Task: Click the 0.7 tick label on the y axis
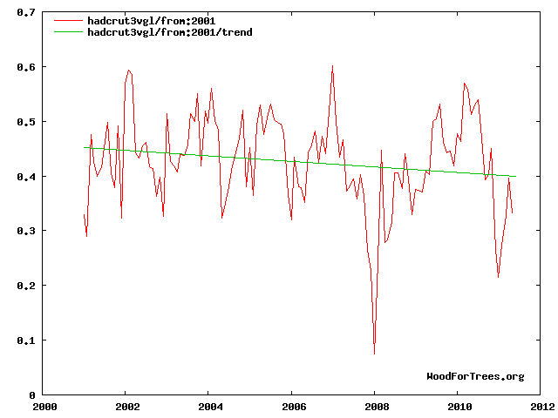tap(26, 13)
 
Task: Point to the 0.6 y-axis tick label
tap(26, 67)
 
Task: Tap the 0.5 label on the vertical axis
tap(26, 122)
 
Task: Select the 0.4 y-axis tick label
tap(26, 177)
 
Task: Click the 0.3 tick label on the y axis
tap(26, 231)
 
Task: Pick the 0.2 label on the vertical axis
tap(26, 286)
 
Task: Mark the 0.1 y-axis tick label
tap(26, 340)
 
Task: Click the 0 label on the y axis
tap(31, 394)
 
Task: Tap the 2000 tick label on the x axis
tap(44, 407)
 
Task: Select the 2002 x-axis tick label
tap(127, 407)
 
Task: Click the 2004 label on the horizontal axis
tap(210, 407)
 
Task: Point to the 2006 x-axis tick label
tap(293, 407)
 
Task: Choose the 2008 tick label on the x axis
tap(376, 407)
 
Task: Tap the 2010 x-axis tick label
tap(459, 407)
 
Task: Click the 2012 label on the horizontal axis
tap(541, 407)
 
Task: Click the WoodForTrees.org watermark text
tap(475, 376)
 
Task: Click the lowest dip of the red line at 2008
tap(375, 354)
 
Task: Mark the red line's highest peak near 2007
tap(332, 65)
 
